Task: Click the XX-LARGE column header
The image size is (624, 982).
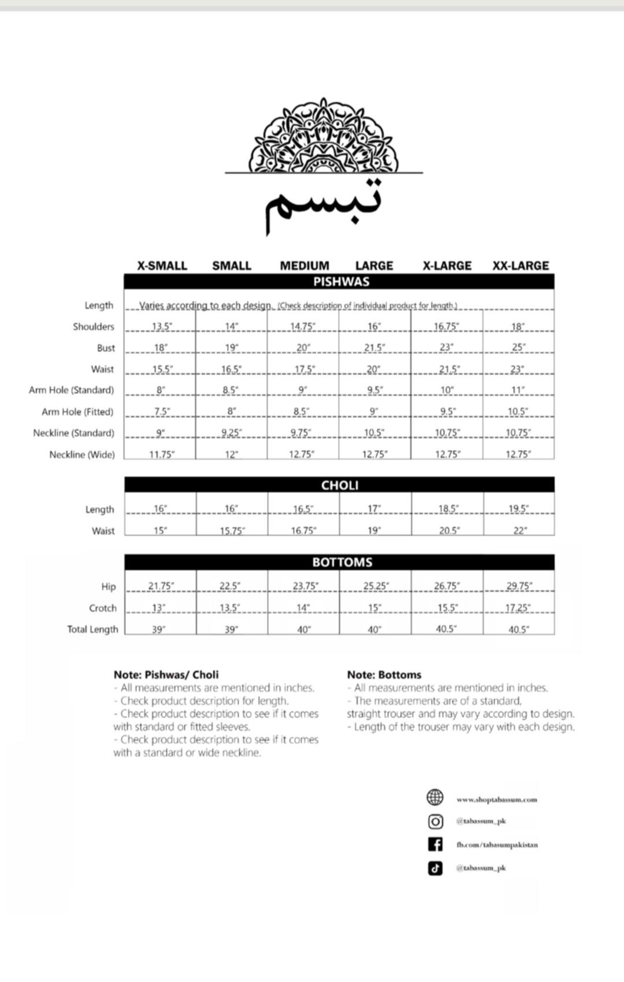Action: [521, 266]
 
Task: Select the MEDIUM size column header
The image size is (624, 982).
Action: [304, 266]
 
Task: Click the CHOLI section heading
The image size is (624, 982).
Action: [340, 485]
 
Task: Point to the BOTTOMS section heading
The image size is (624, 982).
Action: [342, 562]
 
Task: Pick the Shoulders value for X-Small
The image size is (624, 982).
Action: [162, 326]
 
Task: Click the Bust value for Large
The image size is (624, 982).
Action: [374, 348]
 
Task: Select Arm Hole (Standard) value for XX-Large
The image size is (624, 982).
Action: [518, 390]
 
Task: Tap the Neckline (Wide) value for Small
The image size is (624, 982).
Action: [231, 454]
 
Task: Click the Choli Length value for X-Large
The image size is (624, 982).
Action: [448, 509]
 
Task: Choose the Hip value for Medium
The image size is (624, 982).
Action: [305, 586]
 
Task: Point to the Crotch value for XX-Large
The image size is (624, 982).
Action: [518, 608]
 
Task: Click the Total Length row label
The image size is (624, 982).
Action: [92, 629]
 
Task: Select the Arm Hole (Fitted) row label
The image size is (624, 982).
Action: [77, 412]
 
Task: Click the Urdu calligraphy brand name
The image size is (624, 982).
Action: [324, 205]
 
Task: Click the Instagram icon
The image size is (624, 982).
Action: [435, 821]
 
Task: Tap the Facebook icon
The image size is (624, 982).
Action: [435, 845]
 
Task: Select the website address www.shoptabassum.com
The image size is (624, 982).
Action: [496, 800]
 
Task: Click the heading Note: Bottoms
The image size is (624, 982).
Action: [384, 674]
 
